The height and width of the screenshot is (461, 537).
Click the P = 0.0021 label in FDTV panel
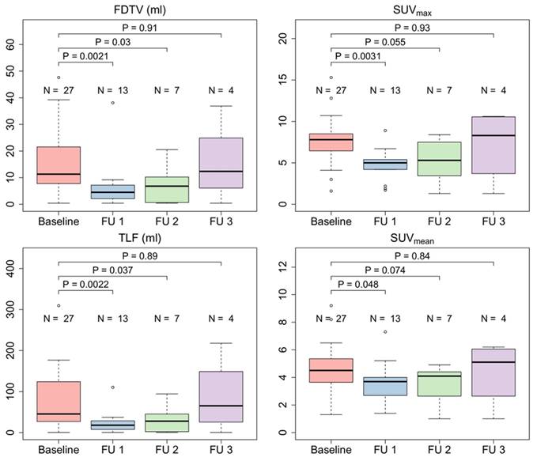tap(86, 57)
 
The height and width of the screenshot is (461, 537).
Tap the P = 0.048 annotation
tap(359, 285)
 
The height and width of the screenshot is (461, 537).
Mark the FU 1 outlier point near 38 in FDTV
tap(113, 103)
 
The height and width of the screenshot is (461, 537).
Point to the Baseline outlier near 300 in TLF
tap(59, 305)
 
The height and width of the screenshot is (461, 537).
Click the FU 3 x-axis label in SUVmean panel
tap(494, 451)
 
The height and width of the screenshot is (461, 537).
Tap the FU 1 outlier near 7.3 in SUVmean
tap(385, 332)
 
